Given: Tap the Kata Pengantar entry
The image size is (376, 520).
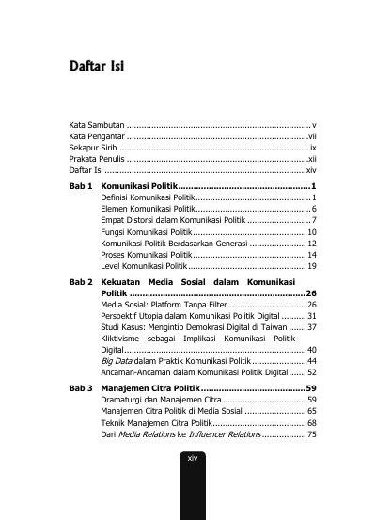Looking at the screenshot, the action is [98, 137].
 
